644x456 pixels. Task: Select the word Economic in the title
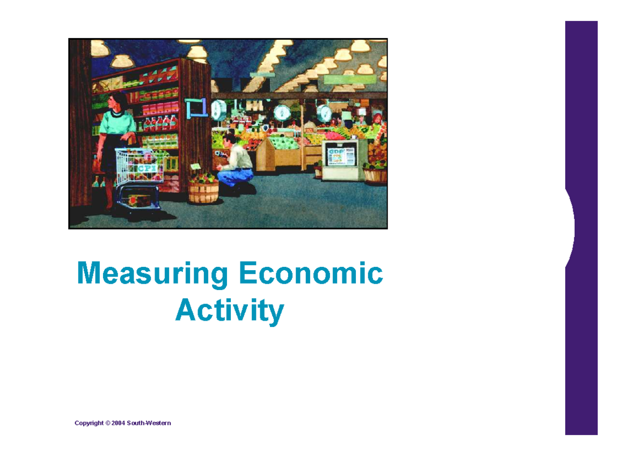[311, 274]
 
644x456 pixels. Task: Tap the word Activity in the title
[229, 310]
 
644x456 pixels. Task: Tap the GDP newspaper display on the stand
[342, 156]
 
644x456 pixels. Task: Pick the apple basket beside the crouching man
[204, 189]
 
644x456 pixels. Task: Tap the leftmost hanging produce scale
[219, 110]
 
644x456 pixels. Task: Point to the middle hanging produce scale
[282, 112]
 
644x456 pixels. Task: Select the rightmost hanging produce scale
[324, 113]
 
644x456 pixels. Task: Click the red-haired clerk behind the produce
[377, 119]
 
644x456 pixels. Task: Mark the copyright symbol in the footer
[107, 423]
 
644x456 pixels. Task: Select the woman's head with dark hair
[118, 102]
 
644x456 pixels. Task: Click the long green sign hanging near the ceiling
[350, 79]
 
